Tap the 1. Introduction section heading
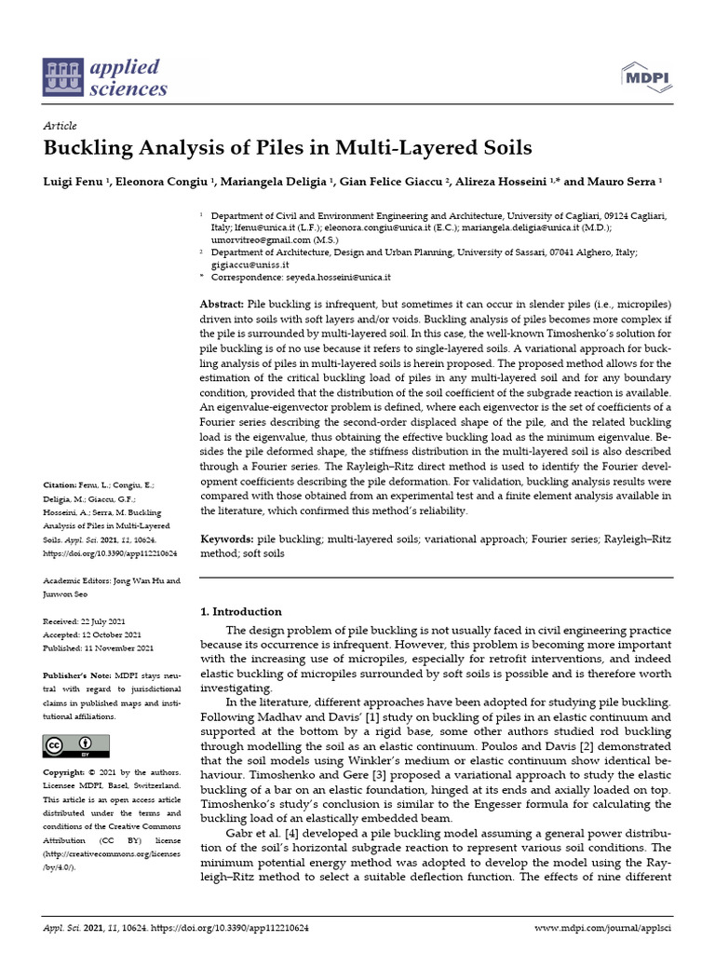pos(241,611)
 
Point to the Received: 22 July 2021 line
pos(97,620)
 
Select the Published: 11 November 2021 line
pos(99,648)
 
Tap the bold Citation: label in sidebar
pos(62,485)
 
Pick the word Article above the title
pos(61,126)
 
